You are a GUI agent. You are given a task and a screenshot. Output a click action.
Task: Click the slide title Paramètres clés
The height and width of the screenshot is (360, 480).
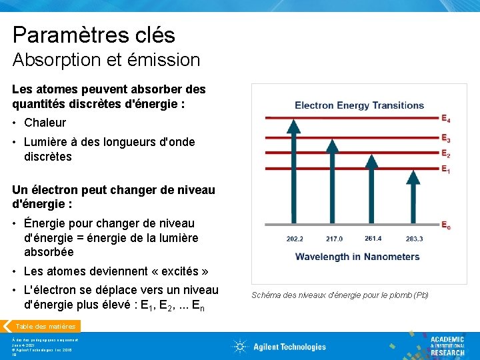[93, 35]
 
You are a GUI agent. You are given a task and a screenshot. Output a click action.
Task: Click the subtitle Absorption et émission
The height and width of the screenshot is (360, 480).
[106, 60]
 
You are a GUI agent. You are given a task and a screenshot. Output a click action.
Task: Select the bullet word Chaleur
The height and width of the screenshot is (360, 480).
[45, 123]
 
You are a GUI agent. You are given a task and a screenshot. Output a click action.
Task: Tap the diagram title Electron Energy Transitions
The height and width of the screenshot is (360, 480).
[359, 105]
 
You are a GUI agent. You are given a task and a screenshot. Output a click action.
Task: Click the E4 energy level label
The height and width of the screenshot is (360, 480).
[445, 119]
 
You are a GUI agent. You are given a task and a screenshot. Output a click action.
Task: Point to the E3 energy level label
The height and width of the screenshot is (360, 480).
[445, 139]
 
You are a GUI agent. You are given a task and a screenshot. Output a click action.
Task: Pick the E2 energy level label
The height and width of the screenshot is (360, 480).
[445, 154]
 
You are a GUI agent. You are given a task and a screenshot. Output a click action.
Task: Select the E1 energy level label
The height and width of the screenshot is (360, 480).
[445, 170]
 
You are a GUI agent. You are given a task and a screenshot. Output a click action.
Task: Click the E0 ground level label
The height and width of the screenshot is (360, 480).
[445, 226]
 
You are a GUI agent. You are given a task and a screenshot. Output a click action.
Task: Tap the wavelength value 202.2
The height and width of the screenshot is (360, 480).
[295, 239]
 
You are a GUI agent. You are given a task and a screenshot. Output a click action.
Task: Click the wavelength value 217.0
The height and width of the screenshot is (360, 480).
[334, 239]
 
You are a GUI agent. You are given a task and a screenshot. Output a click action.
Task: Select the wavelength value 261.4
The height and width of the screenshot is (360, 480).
[373, 239]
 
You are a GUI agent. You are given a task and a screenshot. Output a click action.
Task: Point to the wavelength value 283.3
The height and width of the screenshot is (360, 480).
[413, 239]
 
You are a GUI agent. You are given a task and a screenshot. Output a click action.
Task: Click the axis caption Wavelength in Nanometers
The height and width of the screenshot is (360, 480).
[357, 257]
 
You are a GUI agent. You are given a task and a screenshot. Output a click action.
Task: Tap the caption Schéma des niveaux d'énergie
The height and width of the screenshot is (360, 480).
[339, 295]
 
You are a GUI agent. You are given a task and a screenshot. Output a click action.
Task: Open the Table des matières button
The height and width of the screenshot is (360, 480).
[46, 327]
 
